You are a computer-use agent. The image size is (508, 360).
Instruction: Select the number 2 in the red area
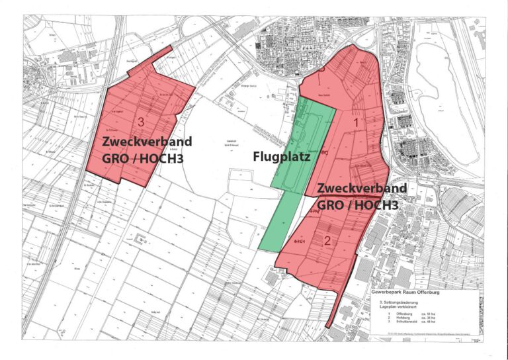click(x=327, y=241)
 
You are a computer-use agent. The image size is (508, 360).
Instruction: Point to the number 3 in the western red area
click(x=142, y=122)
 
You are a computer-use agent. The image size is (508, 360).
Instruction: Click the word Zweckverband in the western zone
click(x=147, y=142)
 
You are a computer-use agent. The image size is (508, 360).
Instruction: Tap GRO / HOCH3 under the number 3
click(x=142, y=159)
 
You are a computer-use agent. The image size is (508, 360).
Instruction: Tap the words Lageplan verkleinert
click(x=398, y=308)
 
